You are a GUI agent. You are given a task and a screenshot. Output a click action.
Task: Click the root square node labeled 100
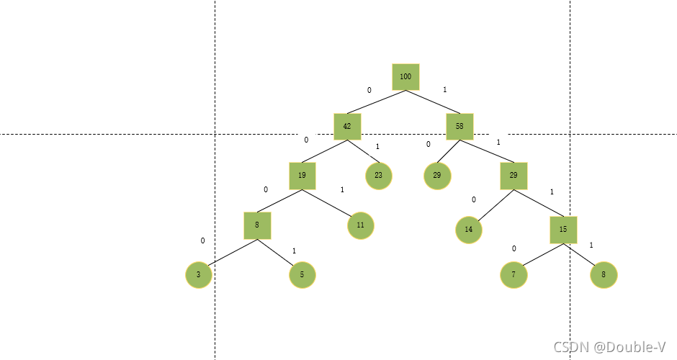click(x=405, y=76)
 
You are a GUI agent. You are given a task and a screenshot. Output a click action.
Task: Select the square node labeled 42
click(x=347, y=126)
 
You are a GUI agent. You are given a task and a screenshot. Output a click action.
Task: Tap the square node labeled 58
click(x=459, y=126)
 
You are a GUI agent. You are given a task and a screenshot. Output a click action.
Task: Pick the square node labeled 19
click(x=302, y=175)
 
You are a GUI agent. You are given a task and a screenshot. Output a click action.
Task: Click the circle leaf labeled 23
click(x=379, y=176)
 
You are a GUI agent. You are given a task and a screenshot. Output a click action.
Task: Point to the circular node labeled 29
click(x=437, y=176)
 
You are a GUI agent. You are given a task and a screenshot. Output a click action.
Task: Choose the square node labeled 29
click(x=514, y=175)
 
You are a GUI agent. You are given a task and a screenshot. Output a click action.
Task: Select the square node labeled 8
click(x=257, y=225)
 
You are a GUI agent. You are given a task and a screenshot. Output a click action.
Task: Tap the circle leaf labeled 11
click(x=361, y=225)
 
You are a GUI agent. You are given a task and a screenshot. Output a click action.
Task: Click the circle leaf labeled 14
click(x=469, y=230)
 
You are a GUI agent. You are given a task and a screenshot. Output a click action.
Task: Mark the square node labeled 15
click(x=563, y=230)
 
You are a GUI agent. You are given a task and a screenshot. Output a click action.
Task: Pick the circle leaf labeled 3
click(x=199, y=274)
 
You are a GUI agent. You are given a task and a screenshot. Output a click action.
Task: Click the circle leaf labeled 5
click(x=302, y=274)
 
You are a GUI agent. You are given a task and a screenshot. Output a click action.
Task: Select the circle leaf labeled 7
click(x=514, y=274)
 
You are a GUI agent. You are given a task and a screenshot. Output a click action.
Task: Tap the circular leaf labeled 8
click(x=604, y=274)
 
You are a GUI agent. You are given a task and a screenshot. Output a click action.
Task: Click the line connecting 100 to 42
click(x=377, y=102)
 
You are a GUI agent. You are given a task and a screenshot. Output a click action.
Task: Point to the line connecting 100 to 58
click(x=432, y=102)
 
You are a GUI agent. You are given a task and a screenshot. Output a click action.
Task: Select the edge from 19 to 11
click(x=332, y=201)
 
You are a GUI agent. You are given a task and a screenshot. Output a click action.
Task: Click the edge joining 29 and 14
click(x=491, y=206)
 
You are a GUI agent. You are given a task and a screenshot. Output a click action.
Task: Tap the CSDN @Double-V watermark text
click(x=609, y=347)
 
